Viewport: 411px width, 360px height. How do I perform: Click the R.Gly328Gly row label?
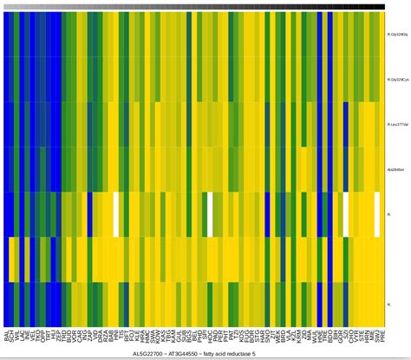point(396,35)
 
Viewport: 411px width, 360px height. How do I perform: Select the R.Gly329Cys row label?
point(396,80)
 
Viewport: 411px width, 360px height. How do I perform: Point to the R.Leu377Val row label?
point(396,124)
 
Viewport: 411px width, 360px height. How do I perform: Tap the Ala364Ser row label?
point(395,169)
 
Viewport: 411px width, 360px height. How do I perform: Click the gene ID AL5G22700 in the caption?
point(148,354)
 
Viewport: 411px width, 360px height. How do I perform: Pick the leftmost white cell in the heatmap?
point(115,213)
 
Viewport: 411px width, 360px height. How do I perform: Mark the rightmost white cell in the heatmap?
point(376,213)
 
